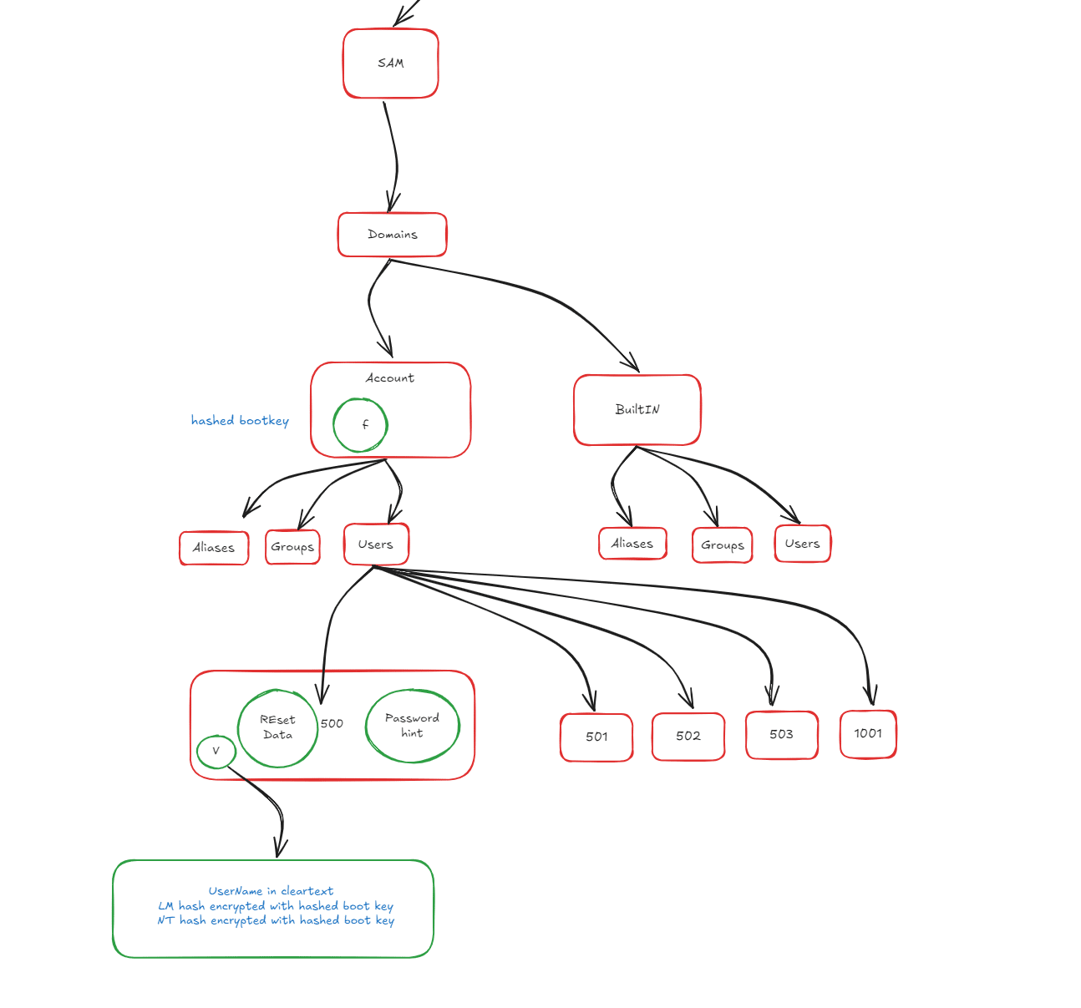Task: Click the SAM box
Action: pyautogui.click(x=390, y=63)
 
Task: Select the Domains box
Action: pyautogui.click(x=392, y=235)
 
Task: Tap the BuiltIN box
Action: pyautogui.click(x=637, y=409)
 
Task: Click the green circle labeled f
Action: pyautogui.click(x=360, y=424)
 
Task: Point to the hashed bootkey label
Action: pyautogui.click(x=240, y=420)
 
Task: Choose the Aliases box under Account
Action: pyautogui.click(x=214, y=548)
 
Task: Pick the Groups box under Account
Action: pyautogui.click(x=292, y=547)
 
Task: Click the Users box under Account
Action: pyautogui.click(x=376, y=545)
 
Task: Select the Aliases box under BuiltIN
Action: pyautogui.click(x=632, y=544)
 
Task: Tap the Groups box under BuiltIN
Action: pyautogui.click(x=722, y=545)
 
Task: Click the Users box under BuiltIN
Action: pyautogui.click(x=802, y=544)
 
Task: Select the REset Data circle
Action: pyautogui.click(x=277, y=727)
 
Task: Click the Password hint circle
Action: pyautogui.click(x=412, y=726)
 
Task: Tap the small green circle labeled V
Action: pyautogui.click(x=216, y=751)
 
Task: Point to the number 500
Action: pyautogui.click(x=332, y=723)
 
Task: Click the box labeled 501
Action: pyautogui.click(x=596, y=737)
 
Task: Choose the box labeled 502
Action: pyautogui.click(x=688, y=736)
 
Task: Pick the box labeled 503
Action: pyautogui.click(x=781, y=734)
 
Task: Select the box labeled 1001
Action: pyautogui.click(x=868, y=733)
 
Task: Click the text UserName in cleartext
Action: pyautogui.click(x=271, y=891)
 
